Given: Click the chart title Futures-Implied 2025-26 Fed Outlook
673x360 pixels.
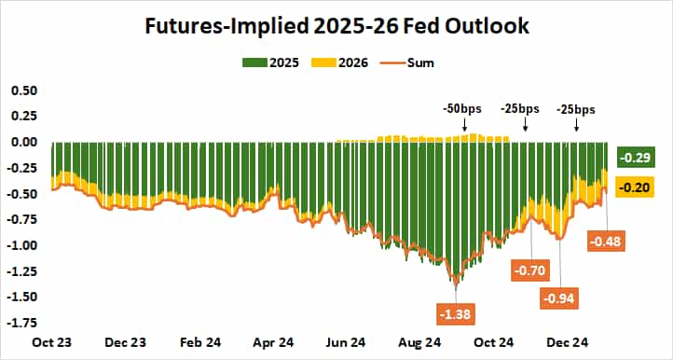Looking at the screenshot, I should click(x=336, y=26).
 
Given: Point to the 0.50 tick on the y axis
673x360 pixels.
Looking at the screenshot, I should click(x=23, y=90).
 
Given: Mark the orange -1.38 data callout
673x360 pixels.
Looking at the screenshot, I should click(x=453, y=312).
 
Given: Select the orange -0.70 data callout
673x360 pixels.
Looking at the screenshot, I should click(x=531, y=271).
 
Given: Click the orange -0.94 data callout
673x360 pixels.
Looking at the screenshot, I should click(x=561, y=298).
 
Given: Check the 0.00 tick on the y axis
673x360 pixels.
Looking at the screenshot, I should click(x=23, y=142).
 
